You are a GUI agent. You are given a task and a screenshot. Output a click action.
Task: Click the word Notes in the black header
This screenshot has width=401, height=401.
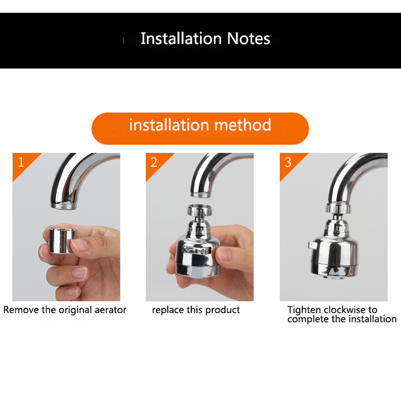coord(248,38)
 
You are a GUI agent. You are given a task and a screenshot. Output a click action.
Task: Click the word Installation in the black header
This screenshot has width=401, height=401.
coord(181,38)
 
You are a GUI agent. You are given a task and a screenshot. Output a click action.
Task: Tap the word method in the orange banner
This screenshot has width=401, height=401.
coord(243,125)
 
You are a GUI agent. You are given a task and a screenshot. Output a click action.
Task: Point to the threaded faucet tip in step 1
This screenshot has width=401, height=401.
coord(64,205)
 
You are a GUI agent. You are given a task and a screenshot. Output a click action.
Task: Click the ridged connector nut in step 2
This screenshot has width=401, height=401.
coord(200,210)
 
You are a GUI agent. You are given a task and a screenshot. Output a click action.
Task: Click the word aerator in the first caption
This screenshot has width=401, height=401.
coord(110,310)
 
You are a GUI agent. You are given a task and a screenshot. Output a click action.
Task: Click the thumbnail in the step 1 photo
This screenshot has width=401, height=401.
coord(79,244)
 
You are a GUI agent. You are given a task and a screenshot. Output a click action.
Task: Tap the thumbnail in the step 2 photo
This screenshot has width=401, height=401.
coord(224,254)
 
